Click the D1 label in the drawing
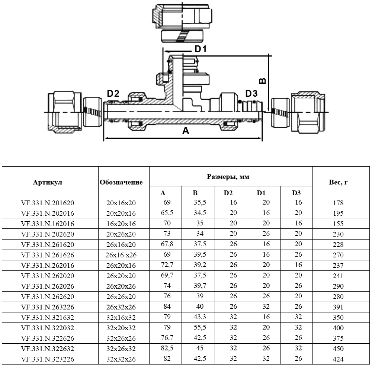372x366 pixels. point(201,49)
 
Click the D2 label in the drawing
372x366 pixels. point(113,94)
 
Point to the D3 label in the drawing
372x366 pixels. point(251,93)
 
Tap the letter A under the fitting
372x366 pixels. point(185,131)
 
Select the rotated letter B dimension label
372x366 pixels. point(262,81)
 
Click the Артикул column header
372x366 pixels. point(47,182)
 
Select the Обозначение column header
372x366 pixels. point(121,182)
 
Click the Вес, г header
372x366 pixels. point(339,182)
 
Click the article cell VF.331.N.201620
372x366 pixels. point(48,203)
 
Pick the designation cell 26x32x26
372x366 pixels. point(121,307)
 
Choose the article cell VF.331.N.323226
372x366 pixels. point(48,359)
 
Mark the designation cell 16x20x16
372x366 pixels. point(121,224)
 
